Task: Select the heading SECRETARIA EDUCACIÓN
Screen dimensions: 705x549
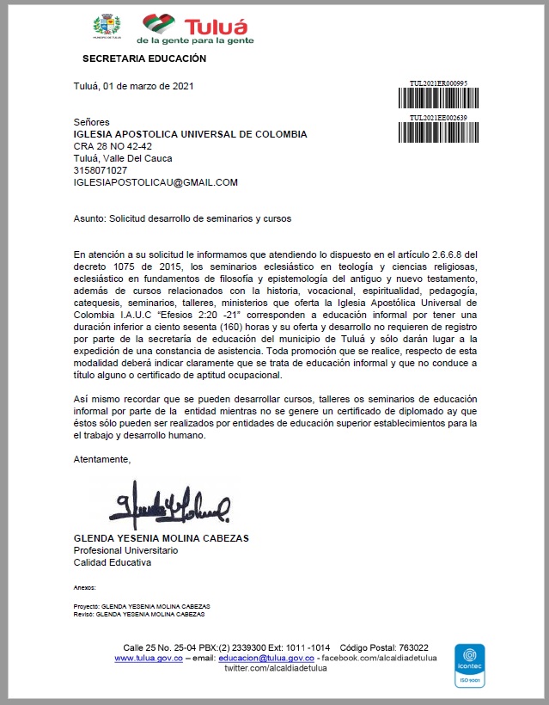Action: [144, 59]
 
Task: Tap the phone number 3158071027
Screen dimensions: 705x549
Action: [101, 170]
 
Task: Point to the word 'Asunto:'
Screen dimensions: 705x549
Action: [91, 218]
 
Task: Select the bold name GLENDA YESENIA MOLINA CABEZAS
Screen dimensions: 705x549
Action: [162, 538]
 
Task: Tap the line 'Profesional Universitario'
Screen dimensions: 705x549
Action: [126, 550]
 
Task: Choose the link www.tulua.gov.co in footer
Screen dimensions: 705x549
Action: [149, 658]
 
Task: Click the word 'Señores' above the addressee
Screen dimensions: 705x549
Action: [92, 122]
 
